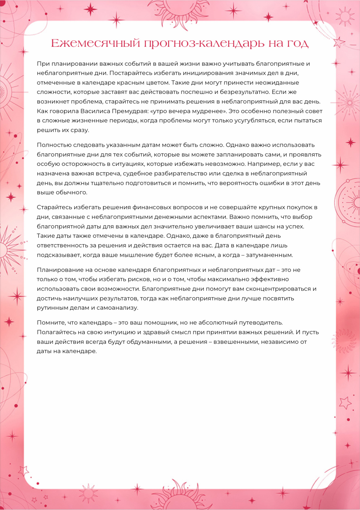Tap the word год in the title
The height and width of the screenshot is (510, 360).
(297, 44)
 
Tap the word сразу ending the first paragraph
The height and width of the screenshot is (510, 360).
(80, 130)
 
